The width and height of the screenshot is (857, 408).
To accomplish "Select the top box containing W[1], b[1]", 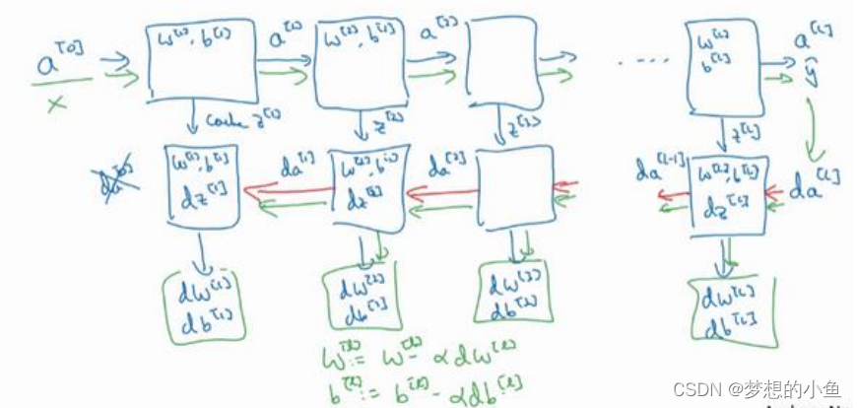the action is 204,62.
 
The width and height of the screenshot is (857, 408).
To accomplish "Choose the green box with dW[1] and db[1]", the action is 201,298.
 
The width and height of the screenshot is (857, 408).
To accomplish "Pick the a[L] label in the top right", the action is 816,42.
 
